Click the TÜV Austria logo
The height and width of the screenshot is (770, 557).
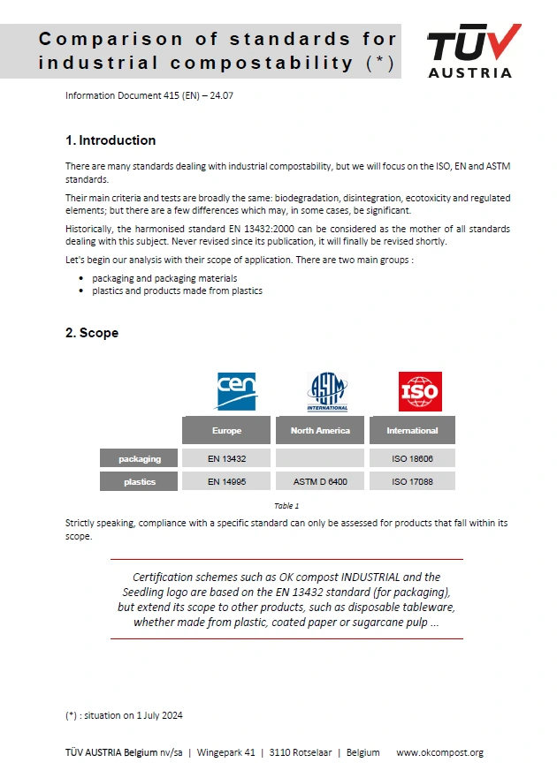click(473, 51)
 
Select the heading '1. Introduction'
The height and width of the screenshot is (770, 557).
click(111, 140)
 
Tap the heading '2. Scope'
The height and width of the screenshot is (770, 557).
click(92, 333)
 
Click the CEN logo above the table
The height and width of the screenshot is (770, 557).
click(236, 391)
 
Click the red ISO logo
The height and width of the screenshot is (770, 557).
click(420, 391)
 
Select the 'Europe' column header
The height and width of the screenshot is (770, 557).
click(226, 431)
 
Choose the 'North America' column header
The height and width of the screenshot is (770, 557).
click(320, 431)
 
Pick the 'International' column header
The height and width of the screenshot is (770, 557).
click(412, 431)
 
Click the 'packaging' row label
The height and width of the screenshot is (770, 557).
click(140, 458)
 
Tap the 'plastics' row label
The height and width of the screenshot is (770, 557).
click(140, 481)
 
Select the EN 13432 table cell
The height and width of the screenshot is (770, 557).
click(226, 458)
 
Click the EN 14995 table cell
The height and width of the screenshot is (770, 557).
click(226, 481)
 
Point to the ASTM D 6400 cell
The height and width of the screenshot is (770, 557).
click(320, 481)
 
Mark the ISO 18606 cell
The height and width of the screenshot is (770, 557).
click(412, 458)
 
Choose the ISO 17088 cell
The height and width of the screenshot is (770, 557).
click(412, 481)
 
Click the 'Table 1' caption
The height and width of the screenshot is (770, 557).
click(286, 506)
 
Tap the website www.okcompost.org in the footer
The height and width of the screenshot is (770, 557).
click(439, 752)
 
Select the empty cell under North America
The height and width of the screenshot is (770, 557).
click(320, 458)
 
